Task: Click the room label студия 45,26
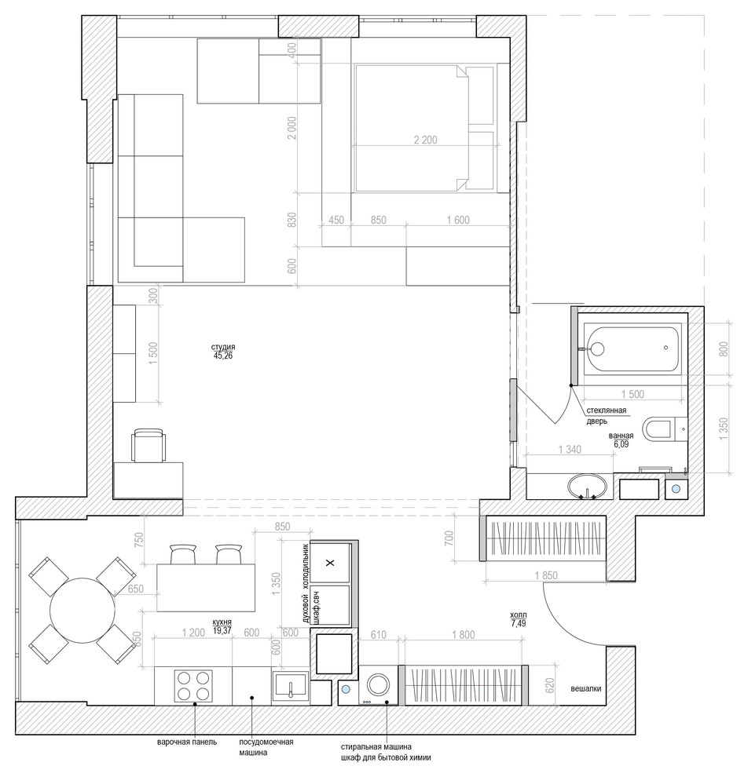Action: [x=222, y=351]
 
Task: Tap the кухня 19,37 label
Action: [x=222, y=626]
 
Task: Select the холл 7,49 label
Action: [x=519, y=619]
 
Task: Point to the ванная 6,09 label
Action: [x=621, y=440]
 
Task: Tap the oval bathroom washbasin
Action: [x=588, y=486]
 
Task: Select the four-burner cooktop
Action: [x=193, y=686]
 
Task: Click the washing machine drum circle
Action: [x=379, y=685]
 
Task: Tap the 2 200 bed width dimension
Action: [x=426, y=140]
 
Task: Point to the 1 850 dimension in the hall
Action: [x=545, y=576]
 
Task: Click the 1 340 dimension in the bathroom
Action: [x=570, y=450]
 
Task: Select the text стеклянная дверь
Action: [x=606, y=416]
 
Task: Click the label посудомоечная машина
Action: [x=266, y=747]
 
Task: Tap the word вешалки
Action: [x=586, y=688]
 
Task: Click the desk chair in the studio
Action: [x=148, y=446]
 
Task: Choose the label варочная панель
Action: [x=187, y=742]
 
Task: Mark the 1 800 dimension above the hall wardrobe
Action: [x=463, y=635]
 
